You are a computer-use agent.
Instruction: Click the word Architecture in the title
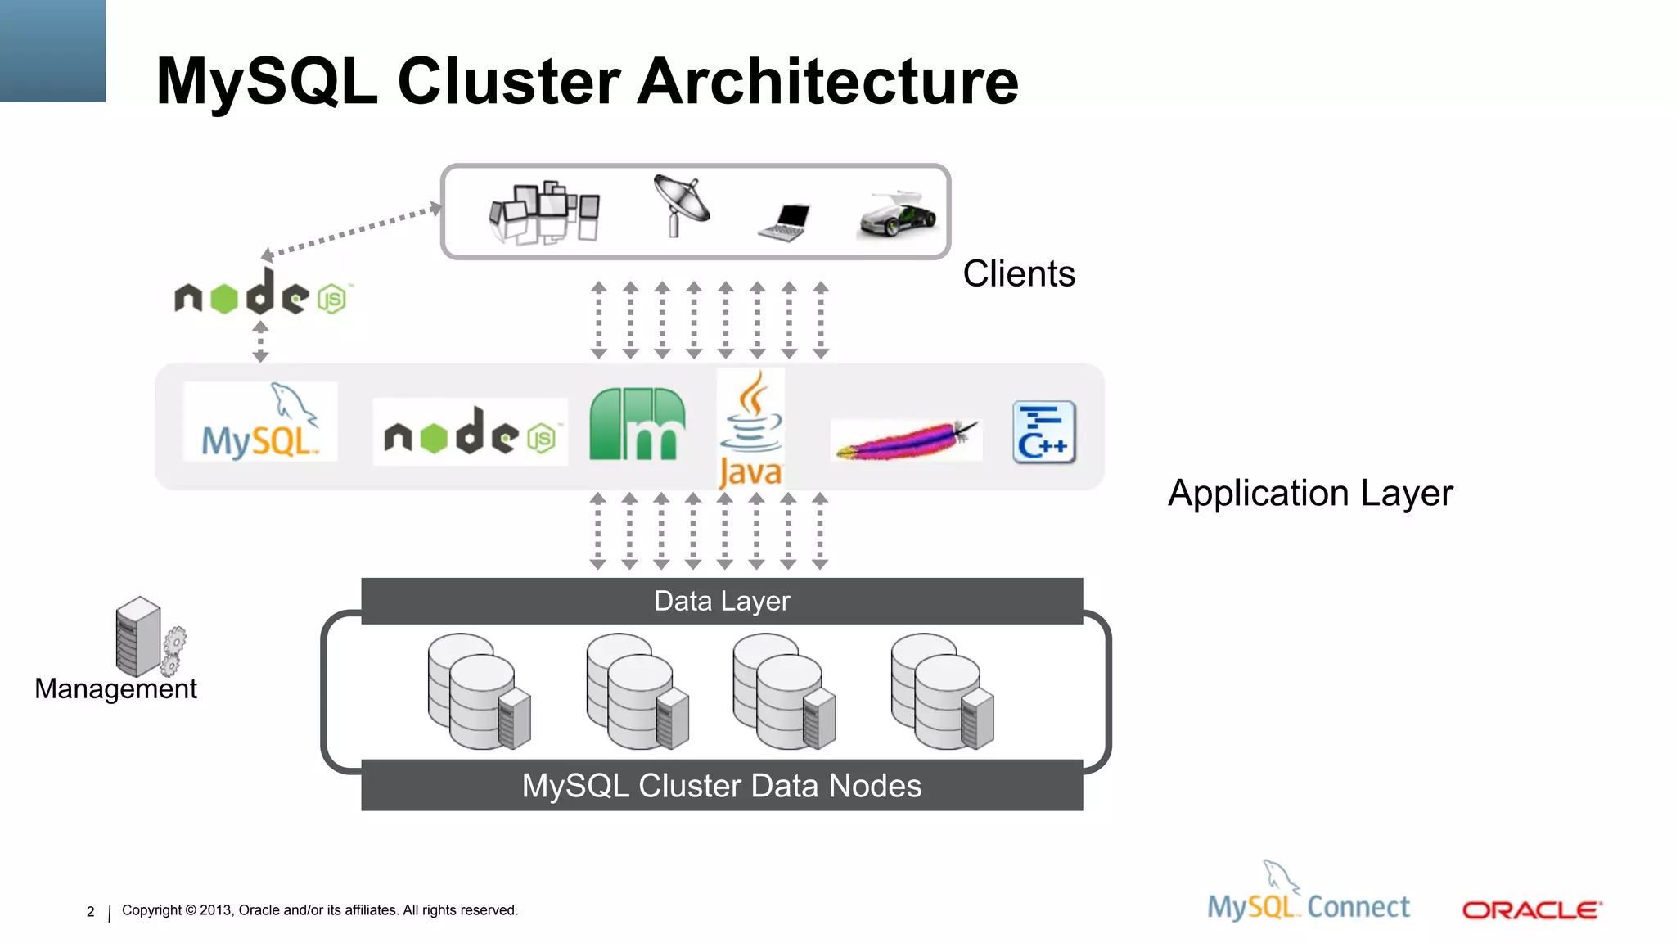(x=827, y=82)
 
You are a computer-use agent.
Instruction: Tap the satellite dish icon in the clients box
(x=681, y=205)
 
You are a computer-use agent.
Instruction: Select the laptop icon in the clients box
(x=785, y=222)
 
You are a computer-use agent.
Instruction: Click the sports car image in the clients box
(x=898, y=215)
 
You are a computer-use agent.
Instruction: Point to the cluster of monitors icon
(x=544, y=212)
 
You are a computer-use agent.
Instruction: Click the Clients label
(x=1018, y=273)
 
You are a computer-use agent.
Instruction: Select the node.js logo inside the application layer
(x=470, y=432)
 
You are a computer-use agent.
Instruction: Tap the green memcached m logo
(x=637, y=425)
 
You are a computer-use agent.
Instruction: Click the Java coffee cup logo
(x=750, y=428)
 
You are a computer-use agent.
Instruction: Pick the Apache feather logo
(x=906, y=440)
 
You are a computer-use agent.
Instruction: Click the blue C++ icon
(x=1043, y=432)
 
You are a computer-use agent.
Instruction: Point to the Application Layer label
(x=1309, y=493)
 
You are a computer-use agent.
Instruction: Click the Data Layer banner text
(x=722, y=601)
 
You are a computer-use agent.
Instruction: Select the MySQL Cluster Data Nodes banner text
(x=722, y=786)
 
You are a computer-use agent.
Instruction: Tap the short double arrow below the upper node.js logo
(x=260, y=341)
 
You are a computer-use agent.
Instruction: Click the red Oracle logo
(x=1531, y=910)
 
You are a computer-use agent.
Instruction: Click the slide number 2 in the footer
(x=90, y=912)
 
